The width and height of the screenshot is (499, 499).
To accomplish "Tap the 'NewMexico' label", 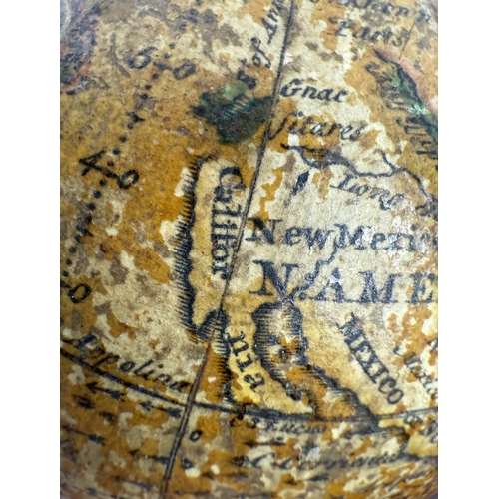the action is point(339,237).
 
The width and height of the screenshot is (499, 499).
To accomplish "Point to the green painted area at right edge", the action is point(419,100).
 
